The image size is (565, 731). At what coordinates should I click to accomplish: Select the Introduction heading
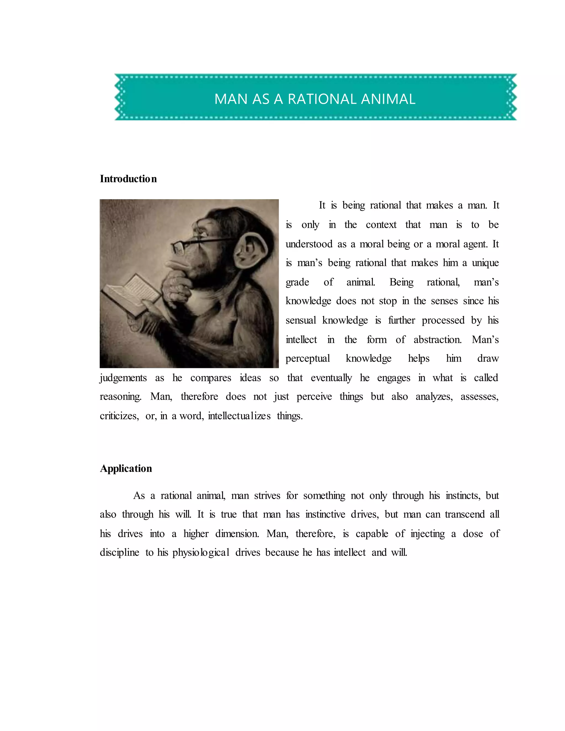(128, 179)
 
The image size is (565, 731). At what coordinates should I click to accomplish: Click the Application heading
(126, 468)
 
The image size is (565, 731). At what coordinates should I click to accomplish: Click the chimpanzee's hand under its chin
(176, 284)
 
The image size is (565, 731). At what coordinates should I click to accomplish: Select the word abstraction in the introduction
(437, 340)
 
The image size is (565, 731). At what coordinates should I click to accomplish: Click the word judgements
(123, 378)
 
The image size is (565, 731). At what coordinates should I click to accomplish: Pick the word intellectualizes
(239, 416)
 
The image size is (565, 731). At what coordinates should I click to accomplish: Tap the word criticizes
(119, 416)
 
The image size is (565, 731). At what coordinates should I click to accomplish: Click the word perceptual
(308, 359)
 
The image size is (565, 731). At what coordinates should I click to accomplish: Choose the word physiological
(201, 553)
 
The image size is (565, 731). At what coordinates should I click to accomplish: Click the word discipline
(119, 553)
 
